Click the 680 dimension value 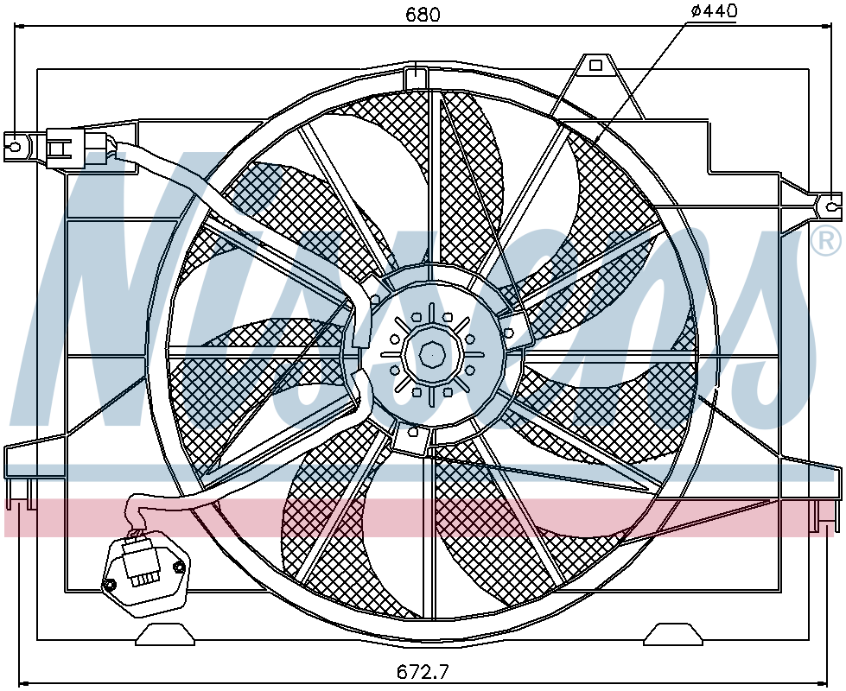(423, 14)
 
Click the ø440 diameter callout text (713, 10)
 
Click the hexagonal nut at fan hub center (431, 354)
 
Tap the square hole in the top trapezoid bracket (595, 66)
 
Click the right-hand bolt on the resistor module (178, 567)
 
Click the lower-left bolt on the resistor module (110, 586)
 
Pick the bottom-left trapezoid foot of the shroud (165, 634)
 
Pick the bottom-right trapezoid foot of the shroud (673, 634)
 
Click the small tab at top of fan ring (416, 77)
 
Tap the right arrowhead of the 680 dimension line (827, 25)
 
